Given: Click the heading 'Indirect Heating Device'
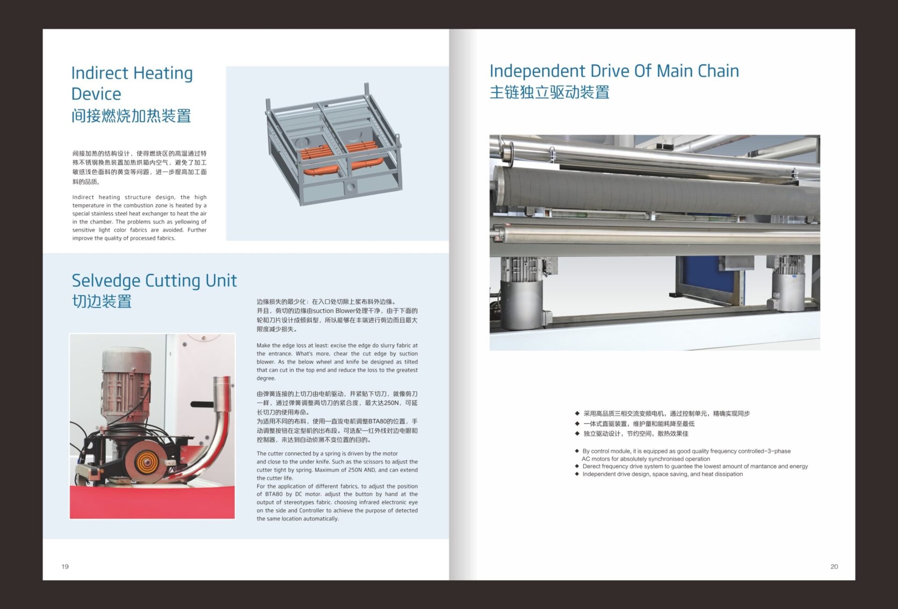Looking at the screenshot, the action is coord(132,83).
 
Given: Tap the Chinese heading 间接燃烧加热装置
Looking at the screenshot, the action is coord(131,116).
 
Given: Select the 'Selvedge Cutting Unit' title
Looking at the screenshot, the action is coord(154,281).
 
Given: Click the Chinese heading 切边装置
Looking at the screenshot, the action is coord(101,301).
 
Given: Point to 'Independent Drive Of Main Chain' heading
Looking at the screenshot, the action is coord(614,71).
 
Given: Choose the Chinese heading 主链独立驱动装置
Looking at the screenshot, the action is coord(549,92).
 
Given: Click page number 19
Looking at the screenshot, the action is coord(65,566).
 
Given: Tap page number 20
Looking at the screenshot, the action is coord(834,566).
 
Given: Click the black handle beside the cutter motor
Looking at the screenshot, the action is coord(202,404).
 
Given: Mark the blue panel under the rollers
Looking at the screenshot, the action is coord(709,280).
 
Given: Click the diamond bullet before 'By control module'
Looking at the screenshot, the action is coord(577,451).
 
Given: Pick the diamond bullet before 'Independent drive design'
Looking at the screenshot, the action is coord(577,474).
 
